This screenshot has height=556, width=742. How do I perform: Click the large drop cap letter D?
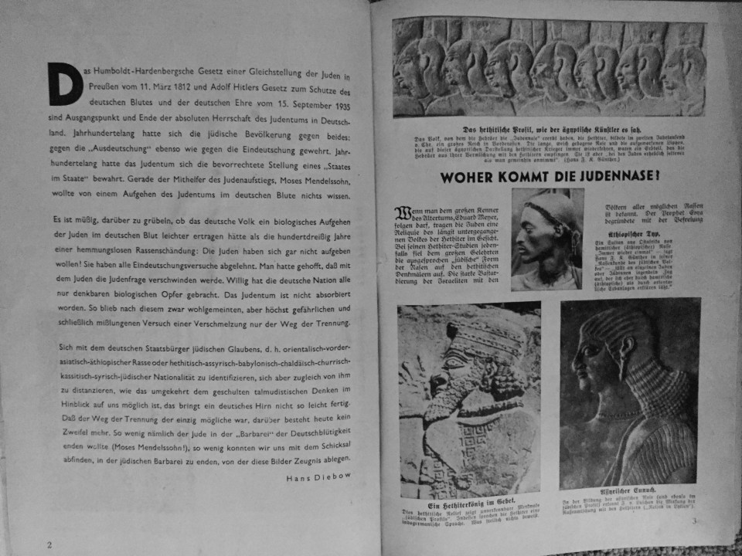(x=65, y=84)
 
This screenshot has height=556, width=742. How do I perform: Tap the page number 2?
(x=49, y=544)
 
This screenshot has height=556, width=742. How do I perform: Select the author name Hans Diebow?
(x=318, y=477)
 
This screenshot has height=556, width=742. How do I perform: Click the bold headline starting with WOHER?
(x=550, y=177)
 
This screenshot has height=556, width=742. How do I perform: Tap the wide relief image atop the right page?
(x=548, y=67)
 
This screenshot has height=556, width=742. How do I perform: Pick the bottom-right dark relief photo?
(x=629, y=392)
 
